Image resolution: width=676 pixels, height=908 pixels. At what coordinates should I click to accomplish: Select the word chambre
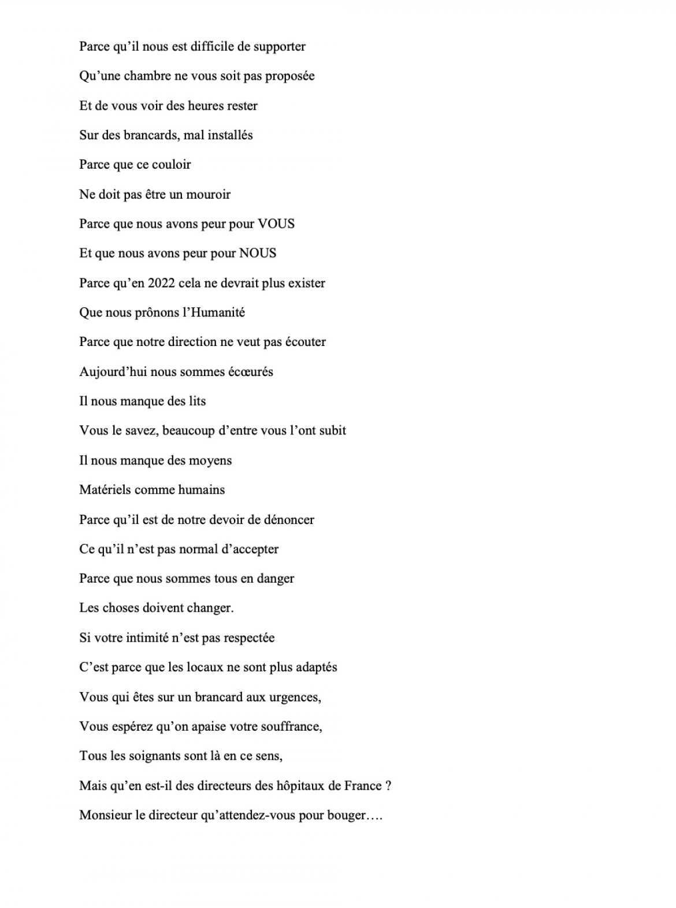click(143, 76)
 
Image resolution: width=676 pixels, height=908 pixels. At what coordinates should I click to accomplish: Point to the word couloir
click(171, 165)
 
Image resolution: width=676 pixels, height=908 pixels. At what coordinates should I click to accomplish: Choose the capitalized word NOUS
click(258, 254)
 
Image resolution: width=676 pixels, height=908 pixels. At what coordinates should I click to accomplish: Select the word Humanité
click(216, 312)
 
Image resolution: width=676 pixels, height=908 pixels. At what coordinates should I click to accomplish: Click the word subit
click(333, 431)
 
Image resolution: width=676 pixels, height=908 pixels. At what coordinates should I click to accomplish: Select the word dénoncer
click(289, 520)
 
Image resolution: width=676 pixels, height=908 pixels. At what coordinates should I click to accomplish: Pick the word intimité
click(134, 638)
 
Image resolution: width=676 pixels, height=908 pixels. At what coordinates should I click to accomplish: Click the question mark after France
click(388, 786)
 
